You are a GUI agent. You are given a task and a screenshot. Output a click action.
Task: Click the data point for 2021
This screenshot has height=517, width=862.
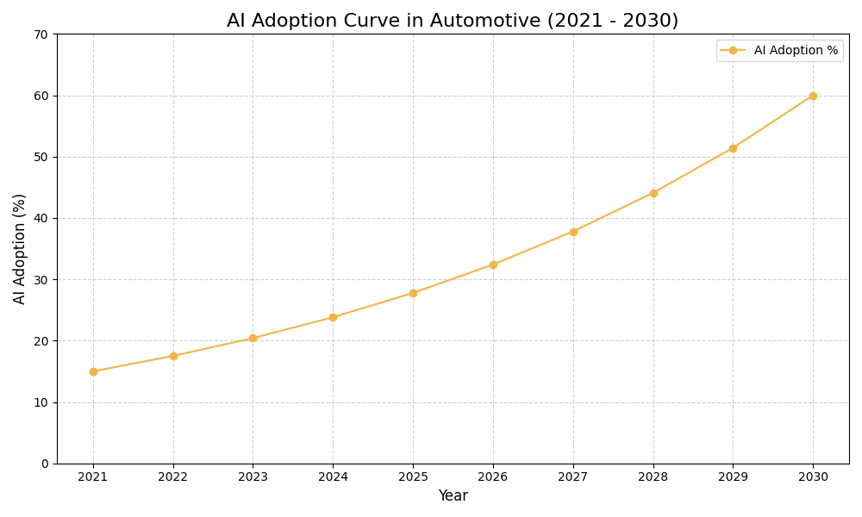[93, 371]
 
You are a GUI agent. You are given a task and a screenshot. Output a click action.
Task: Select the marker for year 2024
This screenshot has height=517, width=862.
[333, 317]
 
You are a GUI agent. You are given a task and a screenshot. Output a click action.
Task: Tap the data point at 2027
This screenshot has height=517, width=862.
[573, 232]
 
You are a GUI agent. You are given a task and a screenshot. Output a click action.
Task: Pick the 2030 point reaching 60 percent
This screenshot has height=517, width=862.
[813, 96]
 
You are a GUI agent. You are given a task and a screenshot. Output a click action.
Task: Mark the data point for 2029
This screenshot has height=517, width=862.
[733, 148]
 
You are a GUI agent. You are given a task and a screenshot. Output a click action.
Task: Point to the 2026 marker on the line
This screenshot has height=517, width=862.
[493, 265]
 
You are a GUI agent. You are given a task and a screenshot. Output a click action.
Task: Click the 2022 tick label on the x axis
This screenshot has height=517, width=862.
[173, 477]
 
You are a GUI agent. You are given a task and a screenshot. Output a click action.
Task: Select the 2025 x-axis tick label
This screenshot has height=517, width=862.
[413, 477]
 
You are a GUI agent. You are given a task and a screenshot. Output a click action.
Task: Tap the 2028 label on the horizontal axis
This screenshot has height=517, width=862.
[653, 477]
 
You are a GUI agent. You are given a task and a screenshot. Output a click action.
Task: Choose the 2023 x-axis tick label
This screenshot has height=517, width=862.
[253, 477]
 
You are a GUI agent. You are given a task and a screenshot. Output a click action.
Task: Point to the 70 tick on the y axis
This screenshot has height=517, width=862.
[41, 34]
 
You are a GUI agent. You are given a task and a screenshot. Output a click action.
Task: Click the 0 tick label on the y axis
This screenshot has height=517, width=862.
[45, 464]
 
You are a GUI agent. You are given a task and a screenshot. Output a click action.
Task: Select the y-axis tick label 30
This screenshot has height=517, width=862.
[41, 280]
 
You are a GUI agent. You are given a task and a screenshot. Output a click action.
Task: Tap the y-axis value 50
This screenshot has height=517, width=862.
[41, 157]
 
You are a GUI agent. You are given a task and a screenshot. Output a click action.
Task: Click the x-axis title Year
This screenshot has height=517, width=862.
[453, 496]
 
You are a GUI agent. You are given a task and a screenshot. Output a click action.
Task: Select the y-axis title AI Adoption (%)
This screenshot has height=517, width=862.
[20, 248]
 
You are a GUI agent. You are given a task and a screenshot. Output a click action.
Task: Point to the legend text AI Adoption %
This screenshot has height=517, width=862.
[796, 51]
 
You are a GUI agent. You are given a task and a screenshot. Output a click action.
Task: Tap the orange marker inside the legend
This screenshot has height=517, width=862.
[733, 51]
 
